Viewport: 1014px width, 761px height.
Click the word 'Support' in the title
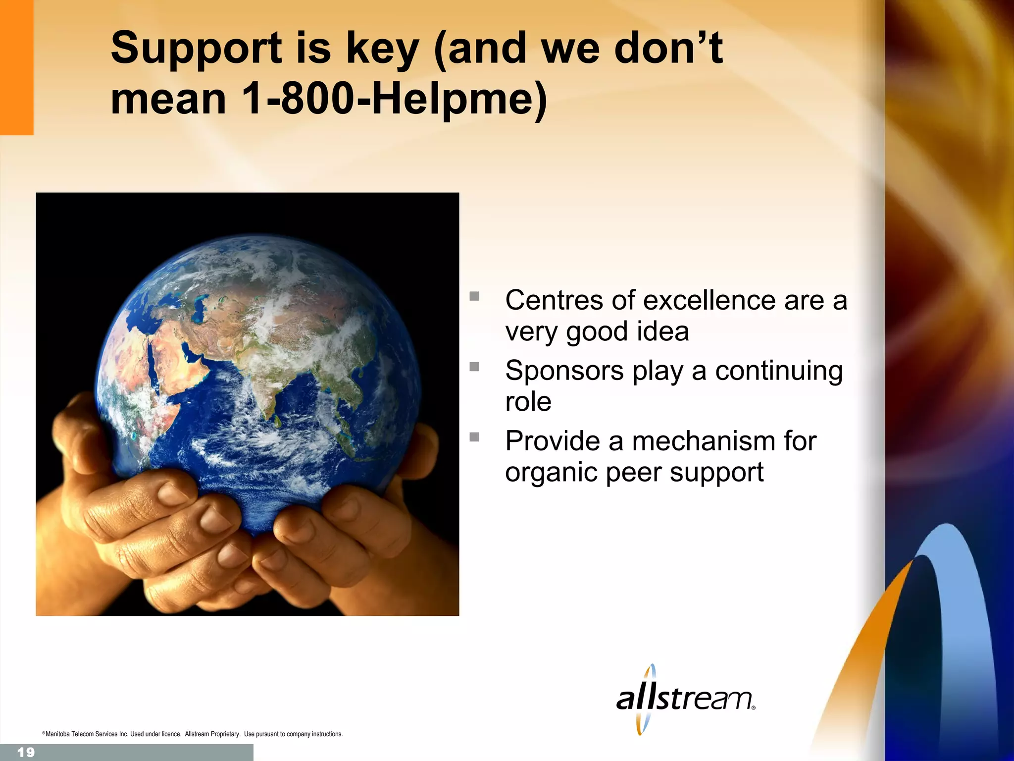click(x=196, y=49)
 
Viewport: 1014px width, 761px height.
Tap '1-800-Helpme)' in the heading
click(x=394, y=99)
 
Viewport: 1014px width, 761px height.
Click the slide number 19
click(x=26, y=753)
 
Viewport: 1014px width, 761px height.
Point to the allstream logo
click(x=685, y=699)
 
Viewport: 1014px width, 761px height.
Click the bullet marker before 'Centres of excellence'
click(x=474, y=296)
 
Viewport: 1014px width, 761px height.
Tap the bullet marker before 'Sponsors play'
click(x=474, y=367)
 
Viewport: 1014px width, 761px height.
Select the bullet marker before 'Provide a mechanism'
click(x=474, y=437)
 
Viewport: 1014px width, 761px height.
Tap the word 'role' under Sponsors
click(x=528, y=401)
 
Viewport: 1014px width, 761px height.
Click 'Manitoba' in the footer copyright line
click(x=57, y=734)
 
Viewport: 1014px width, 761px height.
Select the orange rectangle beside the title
click(x=16, y=67)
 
